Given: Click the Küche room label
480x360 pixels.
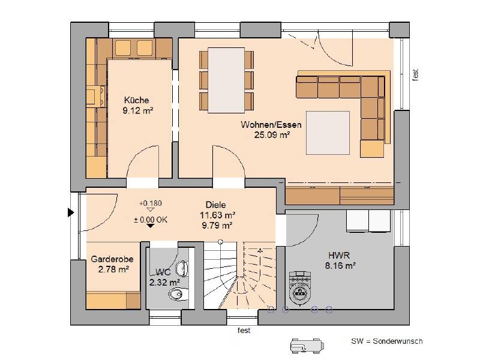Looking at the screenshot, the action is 137,100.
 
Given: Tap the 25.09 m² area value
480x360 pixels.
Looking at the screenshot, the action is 272,134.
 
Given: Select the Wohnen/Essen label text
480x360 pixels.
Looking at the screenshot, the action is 271,125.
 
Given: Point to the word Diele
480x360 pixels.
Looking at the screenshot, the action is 216,205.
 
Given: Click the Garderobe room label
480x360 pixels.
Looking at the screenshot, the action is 112,259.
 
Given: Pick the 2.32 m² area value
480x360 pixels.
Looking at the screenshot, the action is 164,282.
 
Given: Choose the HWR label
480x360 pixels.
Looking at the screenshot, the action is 339,255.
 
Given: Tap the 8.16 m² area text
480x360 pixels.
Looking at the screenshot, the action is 340,265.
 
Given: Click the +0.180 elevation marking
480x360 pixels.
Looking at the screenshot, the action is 151,203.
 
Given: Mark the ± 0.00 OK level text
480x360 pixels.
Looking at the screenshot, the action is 151,220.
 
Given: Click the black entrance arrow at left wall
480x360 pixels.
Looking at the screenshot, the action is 71,212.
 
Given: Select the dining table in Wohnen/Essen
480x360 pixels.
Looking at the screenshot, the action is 226,80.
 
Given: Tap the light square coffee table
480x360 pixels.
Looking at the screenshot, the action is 328,133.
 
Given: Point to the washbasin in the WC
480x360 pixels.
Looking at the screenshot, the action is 182,269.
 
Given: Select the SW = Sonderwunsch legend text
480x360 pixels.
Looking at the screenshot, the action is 386,341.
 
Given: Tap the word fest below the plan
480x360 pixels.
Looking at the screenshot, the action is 244,331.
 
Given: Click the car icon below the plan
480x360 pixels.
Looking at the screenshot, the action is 307,346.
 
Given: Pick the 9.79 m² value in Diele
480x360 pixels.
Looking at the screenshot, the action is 217,226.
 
